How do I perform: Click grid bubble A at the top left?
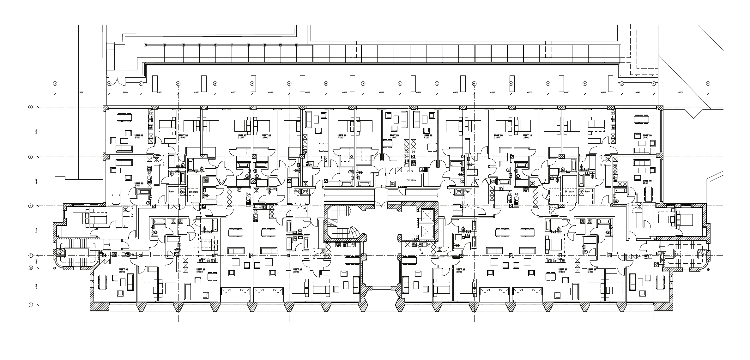55,84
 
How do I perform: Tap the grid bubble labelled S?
708,84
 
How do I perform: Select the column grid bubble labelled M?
474,84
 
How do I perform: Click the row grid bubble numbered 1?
31,305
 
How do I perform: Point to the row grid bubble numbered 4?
31,206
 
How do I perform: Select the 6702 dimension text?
681,93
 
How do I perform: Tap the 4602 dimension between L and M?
456,93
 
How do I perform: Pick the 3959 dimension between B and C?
125,93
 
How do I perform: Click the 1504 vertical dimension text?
37,262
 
